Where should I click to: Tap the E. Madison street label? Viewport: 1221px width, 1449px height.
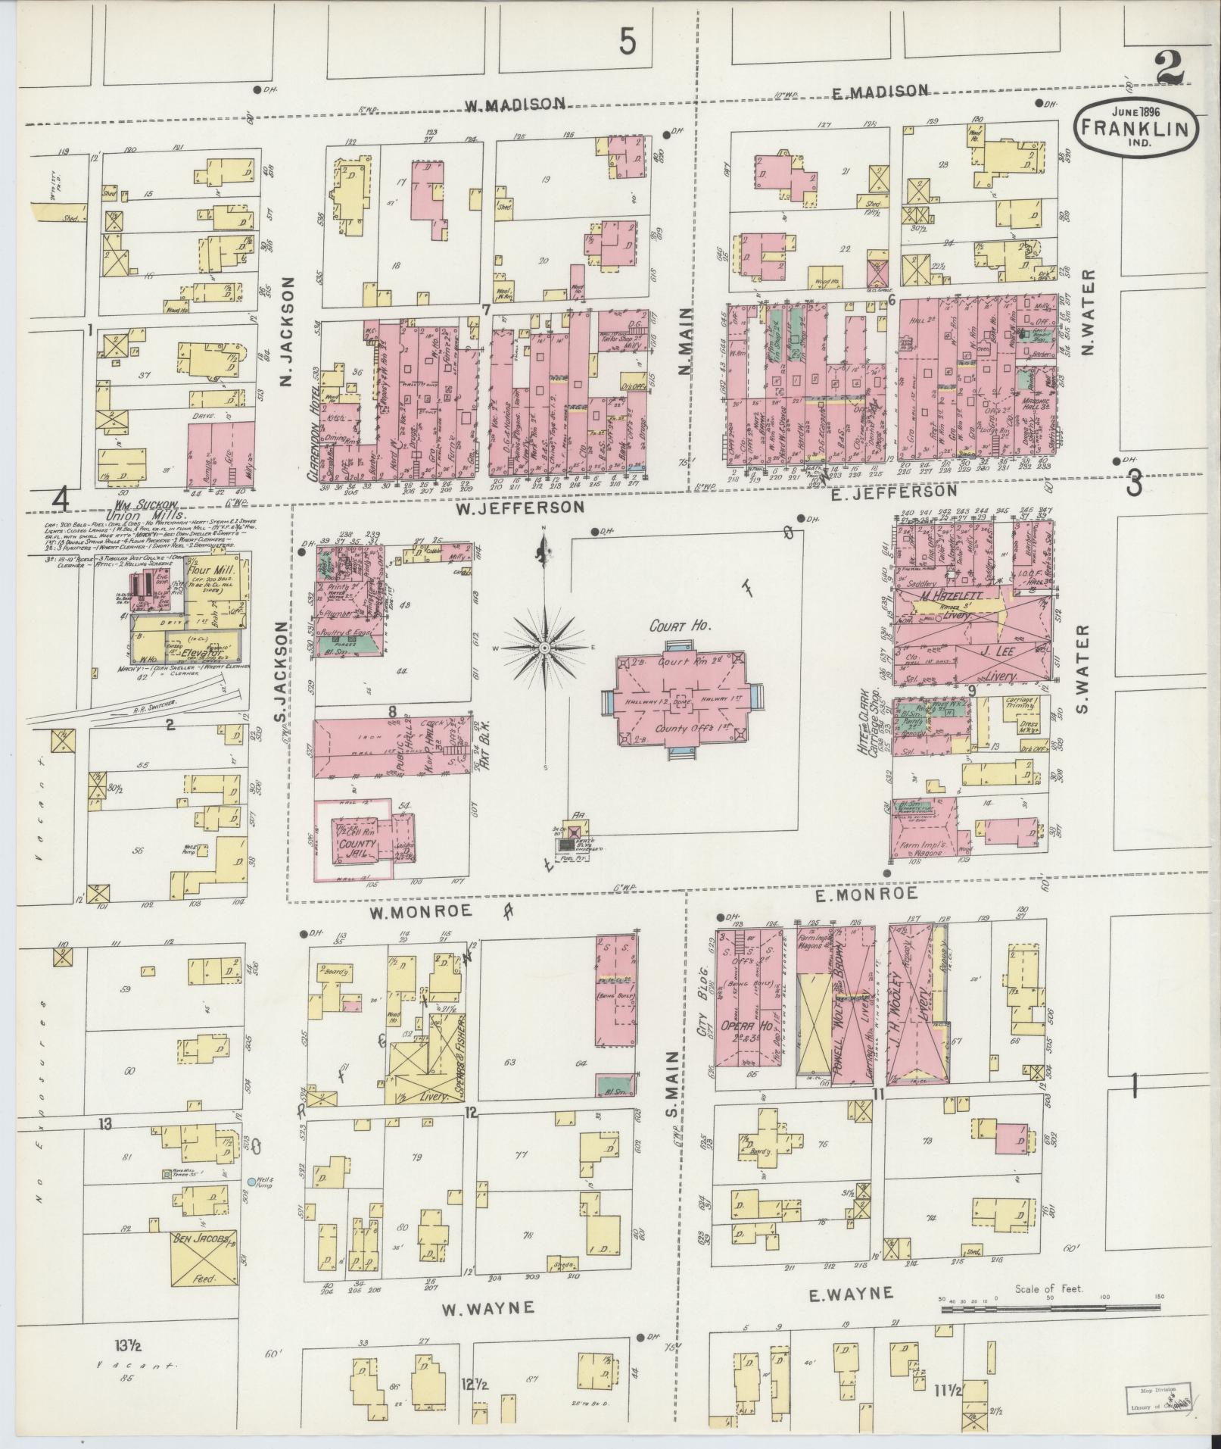coord(880,92)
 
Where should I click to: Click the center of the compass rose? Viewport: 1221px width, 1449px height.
coord(544,649)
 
